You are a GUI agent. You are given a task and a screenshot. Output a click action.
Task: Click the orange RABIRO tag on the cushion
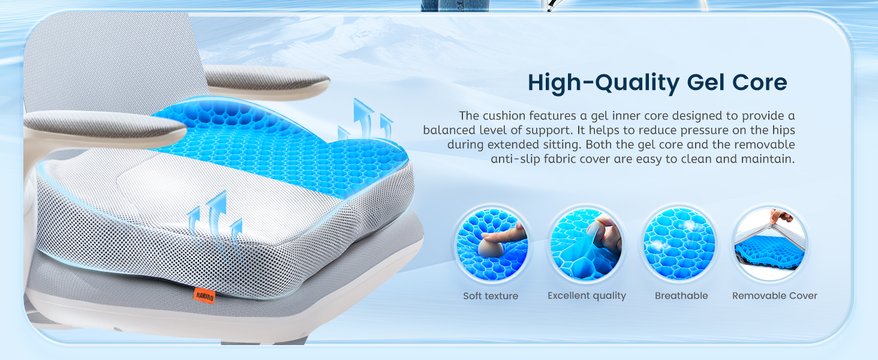(x=204, y=296)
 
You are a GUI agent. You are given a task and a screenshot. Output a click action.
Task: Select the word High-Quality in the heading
(x=603, y=83)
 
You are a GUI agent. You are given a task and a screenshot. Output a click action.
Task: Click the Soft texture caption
(x=491, y=296)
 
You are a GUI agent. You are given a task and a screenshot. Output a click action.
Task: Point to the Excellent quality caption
(x=587, y=296)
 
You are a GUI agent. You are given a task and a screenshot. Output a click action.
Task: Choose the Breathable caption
(x=681, y=296)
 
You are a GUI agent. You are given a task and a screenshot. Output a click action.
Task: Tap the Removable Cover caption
(x=774, y=296)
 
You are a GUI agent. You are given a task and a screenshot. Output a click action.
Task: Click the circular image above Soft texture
(x=492, y=244)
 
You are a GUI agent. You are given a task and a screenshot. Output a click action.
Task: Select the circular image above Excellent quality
(x=587, y=244)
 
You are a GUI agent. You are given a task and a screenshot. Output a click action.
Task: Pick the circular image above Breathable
(x=679, y=244)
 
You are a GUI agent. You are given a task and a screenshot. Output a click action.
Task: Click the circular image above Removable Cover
(x=770, y=244)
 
